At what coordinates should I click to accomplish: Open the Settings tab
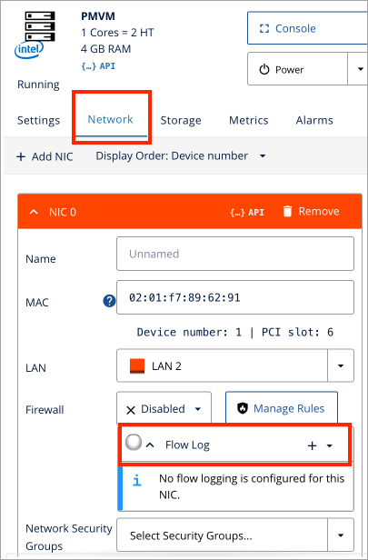[x=38, y=120]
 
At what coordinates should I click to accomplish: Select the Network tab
[x=110, y=119]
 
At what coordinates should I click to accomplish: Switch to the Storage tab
[x=181, y=120]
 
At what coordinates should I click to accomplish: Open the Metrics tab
[x=248, y=120]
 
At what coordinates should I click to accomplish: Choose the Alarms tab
[x=314, y=120]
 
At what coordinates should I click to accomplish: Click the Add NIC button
[x=45, y=156]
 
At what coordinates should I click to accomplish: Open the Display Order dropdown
[x=181, y=156]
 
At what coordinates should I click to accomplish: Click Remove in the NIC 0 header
[x=310, y=211]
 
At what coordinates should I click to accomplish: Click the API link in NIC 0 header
[x=247, y=212]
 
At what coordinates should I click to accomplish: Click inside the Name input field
[x=234, y=254]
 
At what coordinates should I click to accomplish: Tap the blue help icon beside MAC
[x=110, y=300]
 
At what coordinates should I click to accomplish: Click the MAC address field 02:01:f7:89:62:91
[x=234, y=296]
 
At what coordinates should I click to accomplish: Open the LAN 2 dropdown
[x=234, y=365]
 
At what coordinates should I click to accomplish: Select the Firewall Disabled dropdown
[x=164, y=409]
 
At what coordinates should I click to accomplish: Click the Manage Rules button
[x=281, y=409]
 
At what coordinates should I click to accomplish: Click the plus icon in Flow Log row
[x=312, y=445]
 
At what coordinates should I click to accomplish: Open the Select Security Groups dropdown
[x=234, y=535]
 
